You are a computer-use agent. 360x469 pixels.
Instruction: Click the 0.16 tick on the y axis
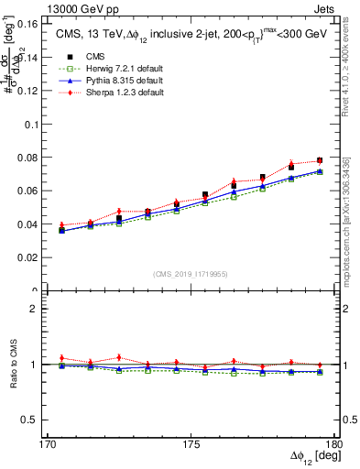click(27, 24)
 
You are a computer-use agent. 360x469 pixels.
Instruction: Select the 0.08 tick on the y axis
click(27, 158)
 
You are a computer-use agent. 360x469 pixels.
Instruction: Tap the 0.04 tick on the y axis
click(27, 224)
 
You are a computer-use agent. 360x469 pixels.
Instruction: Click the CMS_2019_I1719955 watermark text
click(191, 273)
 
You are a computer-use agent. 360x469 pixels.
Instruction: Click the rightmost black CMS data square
click(320, 160)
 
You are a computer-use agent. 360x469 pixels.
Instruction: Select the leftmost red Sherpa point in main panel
click(61, 224)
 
